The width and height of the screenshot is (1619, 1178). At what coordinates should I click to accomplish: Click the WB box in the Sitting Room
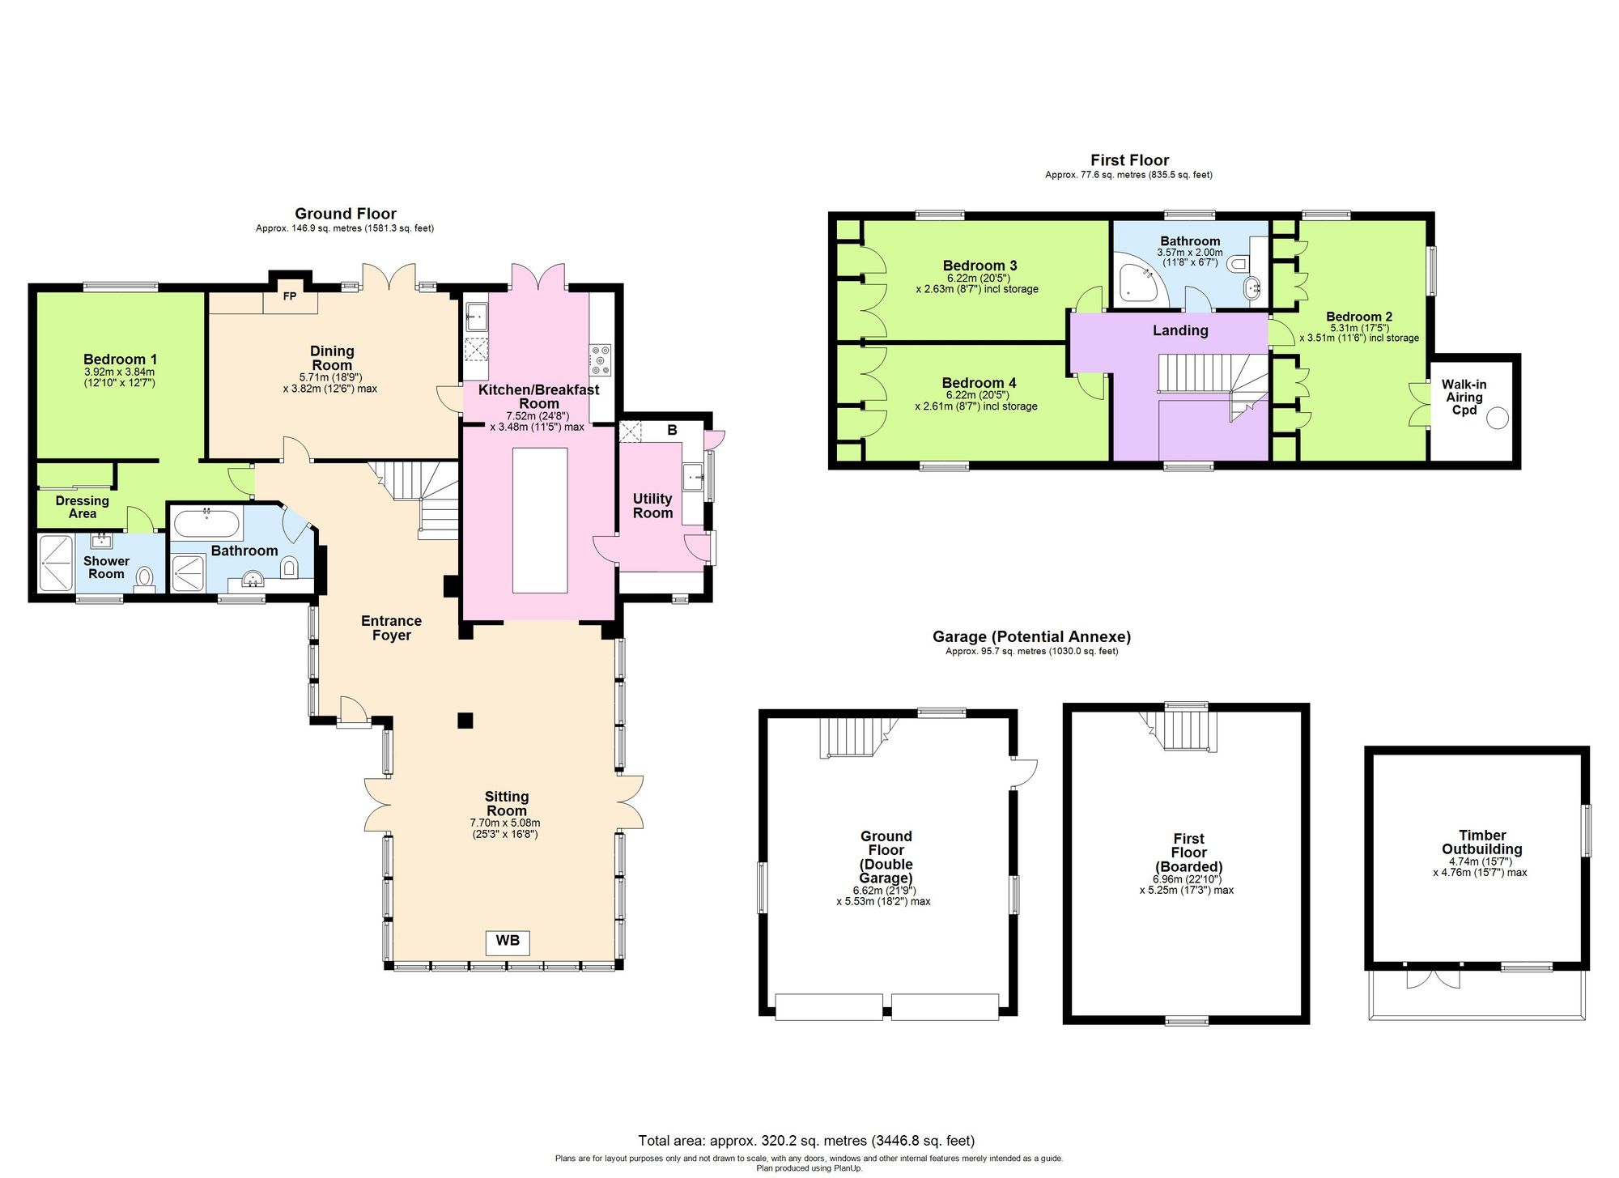click(x=507, y=941)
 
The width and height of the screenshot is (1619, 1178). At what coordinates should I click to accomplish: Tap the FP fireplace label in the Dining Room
click(x=290, y=296)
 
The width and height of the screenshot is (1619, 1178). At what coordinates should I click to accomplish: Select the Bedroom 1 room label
click(x=120, y=359)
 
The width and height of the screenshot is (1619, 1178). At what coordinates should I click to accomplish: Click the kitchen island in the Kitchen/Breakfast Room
click(x=540, y=520)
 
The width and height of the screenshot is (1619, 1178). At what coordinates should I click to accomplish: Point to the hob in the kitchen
click(x=601, y=359)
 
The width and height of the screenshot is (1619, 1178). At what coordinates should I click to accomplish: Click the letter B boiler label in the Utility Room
click(x=672, y=431)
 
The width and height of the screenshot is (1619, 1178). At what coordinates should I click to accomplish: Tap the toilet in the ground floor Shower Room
click(x=145, y=577)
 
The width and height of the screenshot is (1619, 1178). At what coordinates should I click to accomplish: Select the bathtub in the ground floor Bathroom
click(x=206, y=524)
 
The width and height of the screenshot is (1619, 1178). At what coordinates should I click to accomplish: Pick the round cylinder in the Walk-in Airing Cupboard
click(x=1498, y=418)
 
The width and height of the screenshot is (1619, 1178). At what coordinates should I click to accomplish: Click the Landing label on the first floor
click(x=1180, y=330)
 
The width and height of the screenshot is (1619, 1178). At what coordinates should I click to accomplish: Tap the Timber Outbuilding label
click(x=1481, y=842)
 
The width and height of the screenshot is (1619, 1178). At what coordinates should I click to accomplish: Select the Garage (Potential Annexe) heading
click(x=1031, y=636)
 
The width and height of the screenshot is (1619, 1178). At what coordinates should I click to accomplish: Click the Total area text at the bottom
click(x=806, y=1141)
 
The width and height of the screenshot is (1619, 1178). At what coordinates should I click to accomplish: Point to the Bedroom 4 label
click(x=979, y=383)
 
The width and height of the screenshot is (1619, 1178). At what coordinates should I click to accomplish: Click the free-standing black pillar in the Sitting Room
click(x=465, y=720)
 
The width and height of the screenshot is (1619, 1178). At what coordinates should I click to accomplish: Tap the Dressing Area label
click(x=82, y=507)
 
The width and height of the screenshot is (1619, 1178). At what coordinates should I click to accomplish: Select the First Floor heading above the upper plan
click(x=1129, y=160)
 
